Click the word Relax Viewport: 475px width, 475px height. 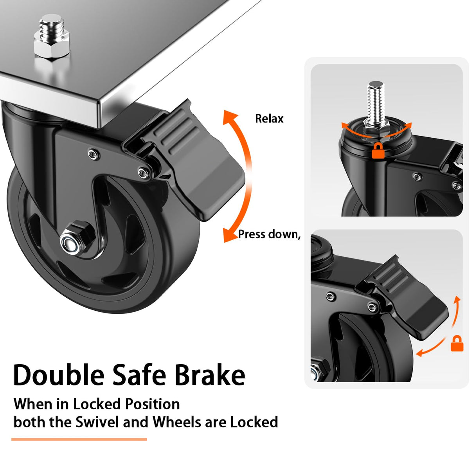(269, 119)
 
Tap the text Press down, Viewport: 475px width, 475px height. (269, 234)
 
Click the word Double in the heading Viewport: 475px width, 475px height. (59, 375)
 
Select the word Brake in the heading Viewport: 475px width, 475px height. (210, 375)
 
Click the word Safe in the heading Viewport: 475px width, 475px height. (139, 375)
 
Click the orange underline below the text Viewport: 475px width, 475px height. (79, 439)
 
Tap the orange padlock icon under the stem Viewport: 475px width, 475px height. (378, 151)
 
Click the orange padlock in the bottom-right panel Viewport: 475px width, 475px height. (457, 344)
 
